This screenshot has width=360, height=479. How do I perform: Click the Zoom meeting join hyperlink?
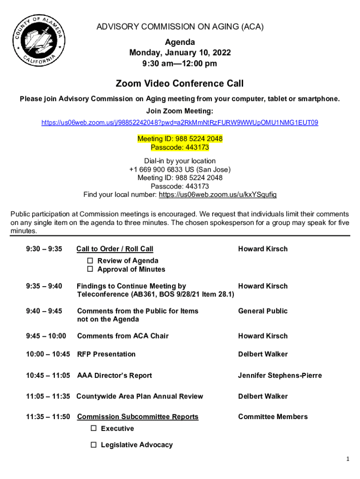(x=180, y=123)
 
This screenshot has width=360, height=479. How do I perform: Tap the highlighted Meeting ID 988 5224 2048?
(x=180, y=139)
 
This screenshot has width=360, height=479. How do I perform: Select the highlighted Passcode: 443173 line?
(x=180, y=147)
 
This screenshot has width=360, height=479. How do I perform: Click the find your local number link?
(x=217, y=195)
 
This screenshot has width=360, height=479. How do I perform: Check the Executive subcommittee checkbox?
(x=94, y=428)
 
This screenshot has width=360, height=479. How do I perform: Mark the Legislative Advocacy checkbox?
(x=94, y=445)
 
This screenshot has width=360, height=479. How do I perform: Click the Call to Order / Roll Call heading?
(x=115, y=249)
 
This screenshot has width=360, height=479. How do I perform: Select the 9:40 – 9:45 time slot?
(x=44, y=311)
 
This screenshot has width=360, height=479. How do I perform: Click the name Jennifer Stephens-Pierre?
(x=280, y=376)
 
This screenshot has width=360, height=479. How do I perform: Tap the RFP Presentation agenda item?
(x=106, y=354)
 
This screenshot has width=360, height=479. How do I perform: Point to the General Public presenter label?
(x=263, y=311)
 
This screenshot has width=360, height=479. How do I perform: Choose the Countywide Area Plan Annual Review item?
(x=140, y=396)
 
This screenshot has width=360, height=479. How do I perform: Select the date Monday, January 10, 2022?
(x=180, y=53)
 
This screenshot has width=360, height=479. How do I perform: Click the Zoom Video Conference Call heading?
(x=180, y=84)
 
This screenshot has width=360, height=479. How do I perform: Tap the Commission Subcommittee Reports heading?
(x=137, y=417)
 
